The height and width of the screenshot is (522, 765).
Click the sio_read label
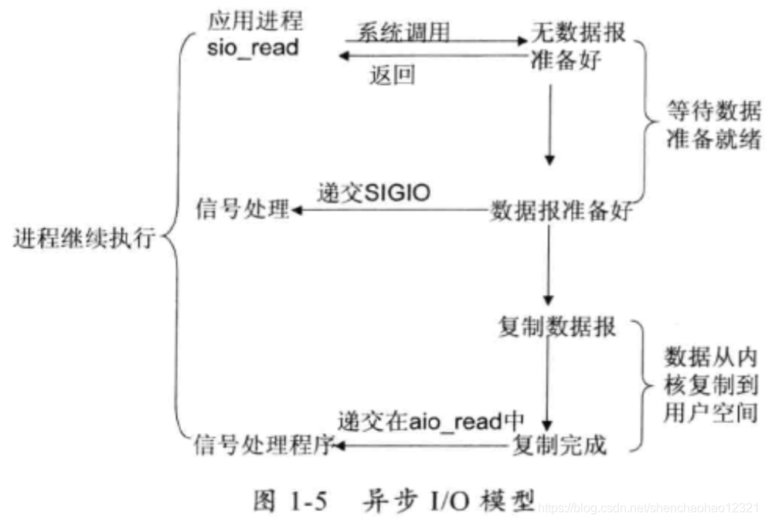point(253,48)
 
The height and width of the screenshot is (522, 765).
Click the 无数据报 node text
point(577,31)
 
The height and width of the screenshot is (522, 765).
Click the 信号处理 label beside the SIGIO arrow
point(241,210)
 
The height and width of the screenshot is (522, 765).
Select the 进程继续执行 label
point(83,239)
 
